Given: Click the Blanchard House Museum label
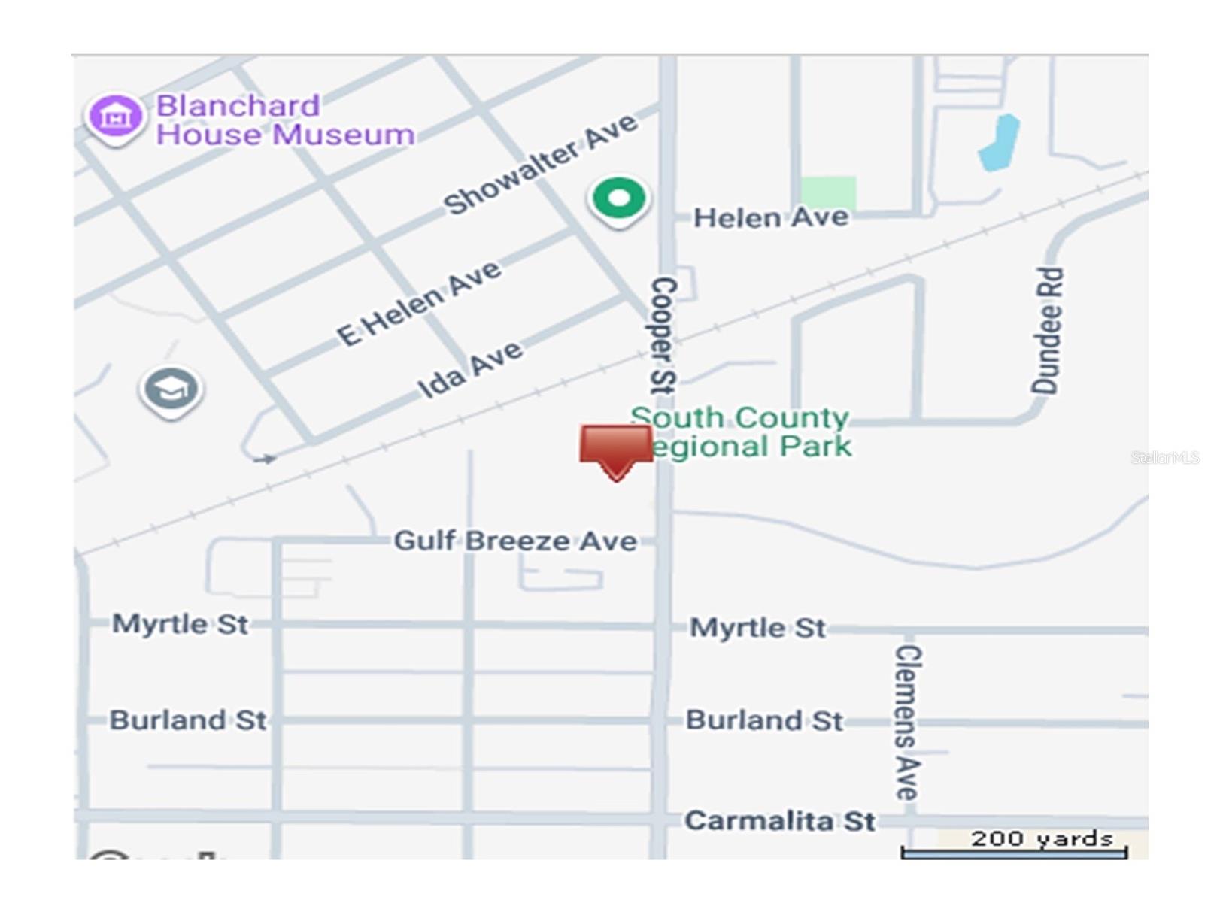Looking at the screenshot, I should pyautogui.click(x=284, y=120).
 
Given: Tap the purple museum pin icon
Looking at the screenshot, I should pyautogui.click(x=115, y=117).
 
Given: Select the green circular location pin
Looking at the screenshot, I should pyautogui.click(x=618, y=199).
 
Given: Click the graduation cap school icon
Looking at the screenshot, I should pyautogui.click(x=171, y=389).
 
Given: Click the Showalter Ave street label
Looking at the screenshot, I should pyautogui.click(x=540, y=165).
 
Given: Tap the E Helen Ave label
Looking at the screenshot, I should pyautogui.click(x=418, y=302).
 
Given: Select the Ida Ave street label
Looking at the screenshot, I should pyautogui.click(x=469, y=369).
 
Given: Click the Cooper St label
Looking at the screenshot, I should pyautogui.click(x=663, y=335).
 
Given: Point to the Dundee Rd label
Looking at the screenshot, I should pyautogui.click(x=1047, y=331).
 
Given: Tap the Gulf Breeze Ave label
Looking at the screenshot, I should pyautogui.click(x=515, y=541).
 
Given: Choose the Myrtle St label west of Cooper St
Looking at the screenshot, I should pyautogui.click(x=180, y=623).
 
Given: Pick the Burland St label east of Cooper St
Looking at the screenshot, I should pyautogui.click(x=764, y=720).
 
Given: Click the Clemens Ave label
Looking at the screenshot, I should pyautogui.click(x=907, y=722).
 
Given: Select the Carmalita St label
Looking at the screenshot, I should pyautogui.click(x=780, y=820).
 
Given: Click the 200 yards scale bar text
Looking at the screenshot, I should pyautogui.click(x=1042, y=838).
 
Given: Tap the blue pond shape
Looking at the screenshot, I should pyautogui.click(x=1000, y=143).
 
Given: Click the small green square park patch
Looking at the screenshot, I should pyautogui.click(x=828, y=192).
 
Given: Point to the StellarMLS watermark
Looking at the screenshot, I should pyautogui.click(x=1165, y=457).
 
